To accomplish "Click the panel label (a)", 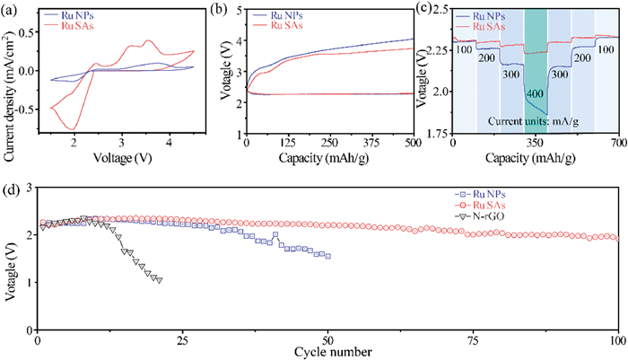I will click(x=11, y=8).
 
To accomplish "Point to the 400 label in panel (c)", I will click(x=536, y=95).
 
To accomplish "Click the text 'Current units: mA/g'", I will click(x=536, y=119).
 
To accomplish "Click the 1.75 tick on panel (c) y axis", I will click(x=439, y=133).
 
